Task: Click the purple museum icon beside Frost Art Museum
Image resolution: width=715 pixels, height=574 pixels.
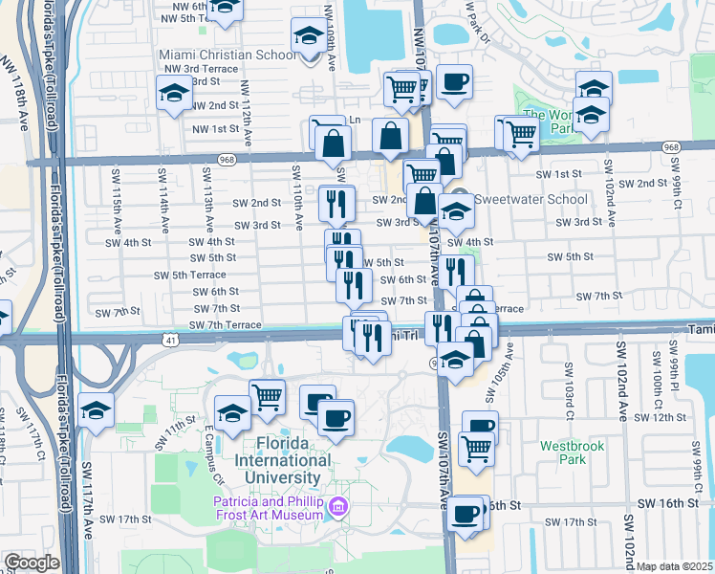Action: coord(336,506)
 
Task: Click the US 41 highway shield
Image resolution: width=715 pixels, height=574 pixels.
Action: coord(169,340)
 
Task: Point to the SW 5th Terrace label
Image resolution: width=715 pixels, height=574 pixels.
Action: coord(189,275)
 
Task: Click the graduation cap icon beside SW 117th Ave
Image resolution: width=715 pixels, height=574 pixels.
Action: coord(96,408)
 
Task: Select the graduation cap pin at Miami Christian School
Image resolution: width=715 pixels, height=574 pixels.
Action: coord(308,37)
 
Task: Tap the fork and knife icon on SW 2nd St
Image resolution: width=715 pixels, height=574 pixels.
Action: coord(336,202)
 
